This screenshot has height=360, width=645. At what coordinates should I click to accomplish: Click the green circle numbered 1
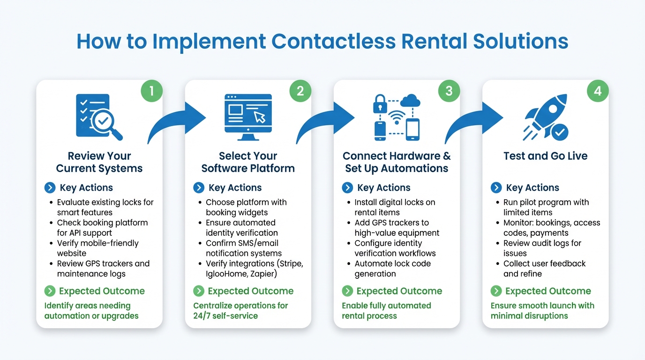151,90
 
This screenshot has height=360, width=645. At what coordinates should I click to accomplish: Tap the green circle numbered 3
449,90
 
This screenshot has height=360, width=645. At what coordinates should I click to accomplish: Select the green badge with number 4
598,90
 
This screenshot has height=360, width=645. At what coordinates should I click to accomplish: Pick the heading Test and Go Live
545,156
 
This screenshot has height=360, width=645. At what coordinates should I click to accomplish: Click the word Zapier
262,274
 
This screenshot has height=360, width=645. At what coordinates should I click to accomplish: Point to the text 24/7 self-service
225,316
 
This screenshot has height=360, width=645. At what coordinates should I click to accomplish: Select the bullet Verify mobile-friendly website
97,248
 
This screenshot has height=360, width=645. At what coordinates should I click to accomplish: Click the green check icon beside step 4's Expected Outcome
496,291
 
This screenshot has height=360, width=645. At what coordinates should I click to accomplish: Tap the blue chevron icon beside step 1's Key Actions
50,188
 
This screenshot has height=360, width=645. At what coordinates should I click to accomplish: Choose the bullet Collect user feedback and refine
544,269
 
